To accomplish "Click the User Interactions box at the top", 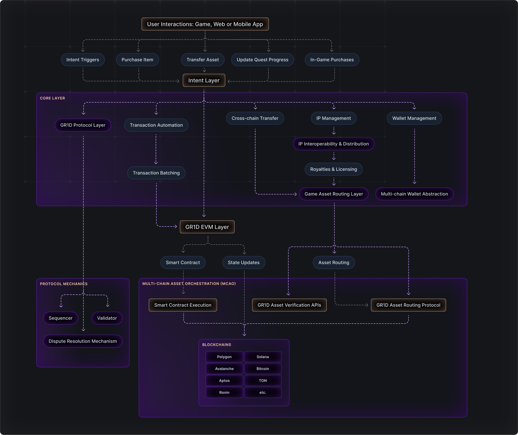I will point(205,24).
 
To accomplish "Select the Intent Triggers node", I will point(83,60).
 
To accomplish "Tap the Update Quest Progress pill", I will point(262,60).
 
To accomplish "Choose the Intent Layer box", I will point(204,81).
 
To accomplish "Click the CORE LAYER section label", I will point(52,98).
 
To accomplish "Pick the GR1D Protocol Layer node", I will point(83,125).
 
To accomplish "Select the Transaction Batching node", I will point(156,173).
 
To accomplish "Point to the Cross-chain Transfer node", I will point(255,118).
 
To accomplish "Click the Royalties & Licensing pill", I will point(333,169).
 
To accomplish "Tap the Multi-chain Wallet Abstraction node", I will point(414,194).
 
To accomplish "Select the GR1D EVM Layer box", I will point(207,227).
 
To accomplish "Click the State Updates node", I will point(243,262).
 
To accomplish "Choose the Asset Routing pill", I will point(334,262).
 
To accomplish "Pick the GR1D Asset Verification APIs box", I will point(289,305).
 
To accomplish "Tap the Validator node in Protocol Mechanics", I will point(107,318).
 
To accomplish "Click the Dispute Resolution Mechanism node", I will point(83,341).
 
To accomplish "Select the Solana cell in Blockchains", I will point(263,357).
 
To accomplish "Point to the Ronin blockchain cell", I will point(224,393).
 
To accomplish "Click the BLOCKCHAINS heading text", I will point(217,345).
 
